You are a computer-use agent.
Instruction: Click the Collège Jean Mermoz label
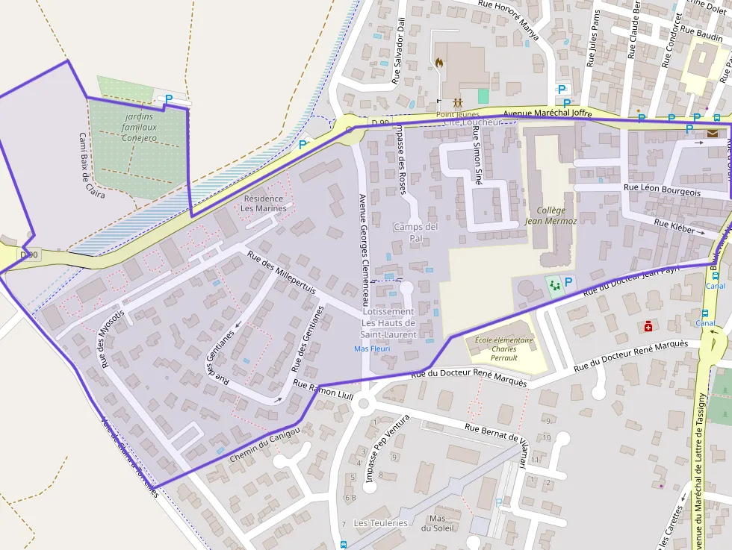[x=550, y=216]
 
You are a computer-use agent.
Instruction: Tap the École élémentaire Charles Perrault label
[x=504, y=349]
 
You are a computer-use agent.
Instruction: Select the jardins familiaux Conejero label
[x=140, y=128]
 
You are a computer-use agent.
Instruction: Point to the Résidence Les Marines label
[x=264, y=203]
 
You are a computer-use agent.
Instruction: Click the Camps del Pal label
[x=416, y=232]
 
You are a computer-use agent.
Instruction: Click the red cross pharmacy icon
[x=648, y=326]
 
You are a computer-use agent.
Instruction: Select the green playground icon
[x=553, y=284]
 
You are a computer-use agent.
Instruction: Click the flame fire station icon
[x=440, y=63]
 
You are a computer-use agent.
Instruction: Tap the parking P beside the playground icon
[x=569, y=282]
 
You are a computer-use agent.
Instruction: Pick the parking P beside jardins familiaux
[x=169, y=98]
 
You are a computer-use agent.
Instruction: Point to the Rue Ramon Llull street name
[x=323, y=390]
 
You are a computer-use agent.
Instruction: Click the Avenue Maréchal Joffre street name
[x=547, y=113]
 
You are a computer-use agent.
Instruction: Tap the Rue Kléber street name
[x=674, y=226]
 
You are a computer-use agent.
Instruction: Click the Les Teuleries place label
[x=381, y=523]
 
